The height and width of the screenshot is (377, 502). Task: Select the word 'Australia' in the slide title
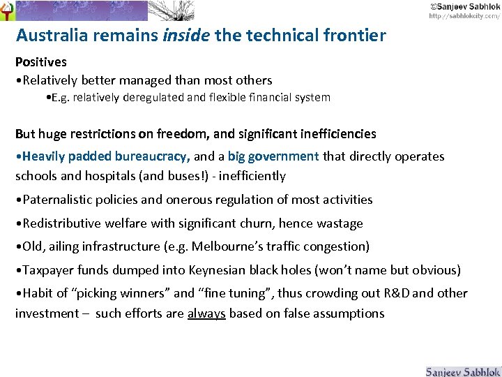click(52, 35)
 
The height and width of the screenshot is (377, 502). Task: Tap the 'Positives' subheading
click(41, 62)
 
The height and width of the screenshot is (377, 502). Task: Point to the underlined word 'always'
click(206, 313)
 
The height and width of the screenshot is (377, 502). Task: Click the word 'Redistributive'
click(64, 223)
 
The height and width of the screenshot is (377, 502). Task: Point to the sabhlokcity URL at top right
click(464, 15)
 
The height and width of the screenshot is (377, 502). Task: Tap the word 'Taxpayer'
click(49, 270)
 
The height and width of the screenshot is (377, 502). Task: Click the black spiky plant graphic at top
click(172, 10)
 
